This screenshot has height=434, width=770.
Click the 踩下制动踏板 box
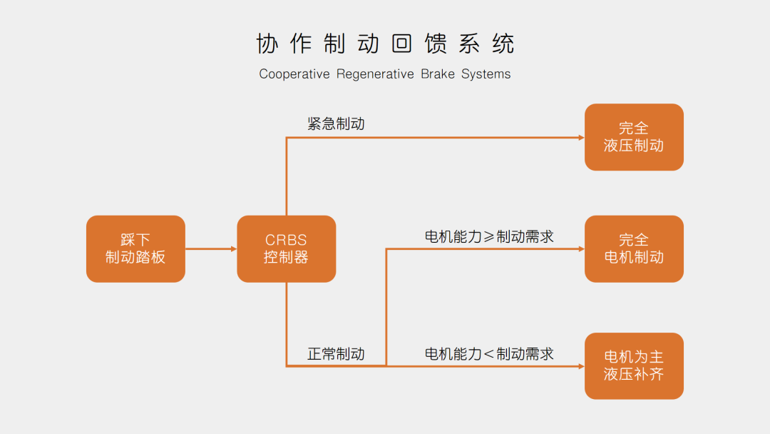click(135, 248)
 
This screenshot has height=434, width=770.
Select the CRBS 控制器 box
click(286, 248)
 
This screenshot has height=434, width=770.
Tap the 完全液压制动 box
click(634, 137)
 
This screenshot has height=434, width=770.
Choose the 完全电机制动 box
click(634, 248)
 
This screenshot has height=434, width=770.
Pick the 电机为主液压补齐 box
click(634, 365)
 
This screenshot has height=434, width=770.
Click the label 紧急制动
click(336, 123)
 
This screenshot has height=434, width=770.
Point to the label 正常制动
click(336, 353)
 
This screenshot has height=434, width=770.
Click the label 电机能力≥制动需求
click(489, 236)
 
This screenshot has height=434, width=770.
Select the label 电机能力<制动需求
click(489, 353)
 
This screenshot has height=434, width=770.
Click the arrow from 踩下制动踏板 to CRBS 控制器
click(210, 249)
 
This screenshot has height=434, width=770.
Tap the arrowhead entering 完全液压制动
click(580, 137)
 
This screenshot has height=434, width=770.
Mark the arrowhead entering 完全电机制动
click(580, 249)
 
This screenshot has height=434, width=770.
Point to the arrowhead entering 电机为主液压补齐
click(580, 366)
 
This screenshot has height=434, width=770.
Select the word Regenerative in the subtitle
click(374, 74)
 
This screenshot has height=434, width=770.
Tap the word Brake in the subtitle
click(437, 74)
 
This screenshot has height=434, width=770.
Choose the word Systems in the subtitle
click(486, 74)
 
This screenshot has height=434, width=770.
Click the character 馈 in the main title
click(436, 44)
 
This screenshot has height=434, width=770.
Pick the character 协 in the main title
click(267, 44)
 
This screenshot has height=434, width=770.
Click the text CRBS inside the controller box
click(286, 241)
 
